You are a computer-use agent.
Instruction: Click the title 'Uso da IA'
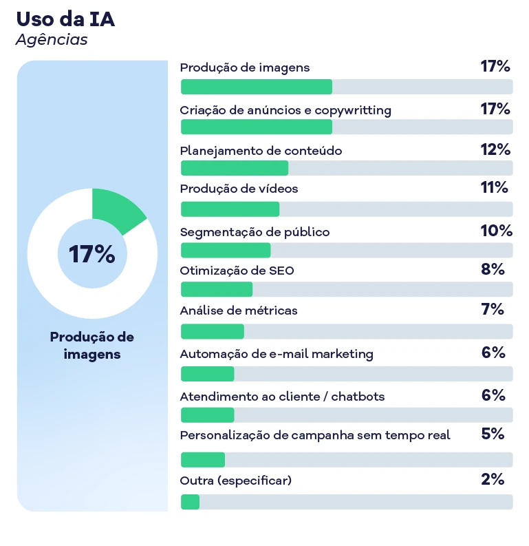coord(65,19)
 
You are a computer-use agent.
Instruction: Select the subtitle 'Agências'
coord(52,40)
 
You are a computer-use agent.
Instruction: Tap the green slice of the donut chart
coord(115,209)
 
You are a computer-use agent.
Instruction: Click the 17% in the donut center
coord(91,254)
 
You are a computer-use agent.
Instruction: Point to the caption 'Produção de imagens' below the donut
coord(92,346)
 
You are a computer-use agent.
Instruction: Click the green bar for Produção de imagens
coord(256,87)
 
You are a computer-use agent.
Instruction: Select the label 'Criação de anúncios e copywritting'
coord(285,110)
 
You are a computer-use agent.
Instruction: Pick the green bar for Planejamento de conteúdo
coord(234,169)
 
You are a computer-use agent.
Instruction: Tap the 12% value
coord(495,149)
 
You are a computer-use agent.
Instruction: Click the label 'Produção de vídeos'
coord(239,189)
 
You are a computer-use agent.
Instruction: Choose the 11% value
coord(495,187)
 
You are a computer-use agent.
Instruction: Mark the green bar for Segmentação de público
coord(225,250)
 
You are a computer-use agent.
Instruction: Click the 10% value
coord(496,231)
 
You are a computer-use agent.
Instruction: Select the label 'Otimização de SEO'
coord(237,271)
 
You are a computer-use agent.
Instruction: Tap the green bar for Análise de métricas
coord(212,331)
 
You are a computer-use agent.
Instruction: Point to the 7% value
coord(493,309)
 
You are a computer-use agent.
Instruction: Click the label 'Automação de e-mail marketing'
coord(277,354)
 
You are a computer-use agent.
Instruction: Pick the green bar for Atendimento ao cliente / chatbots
coord(207,414)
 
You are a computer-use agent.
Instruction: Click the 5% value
coord(493,434)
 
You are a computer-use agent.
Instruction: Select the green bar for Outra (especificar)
coord(190,502)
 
